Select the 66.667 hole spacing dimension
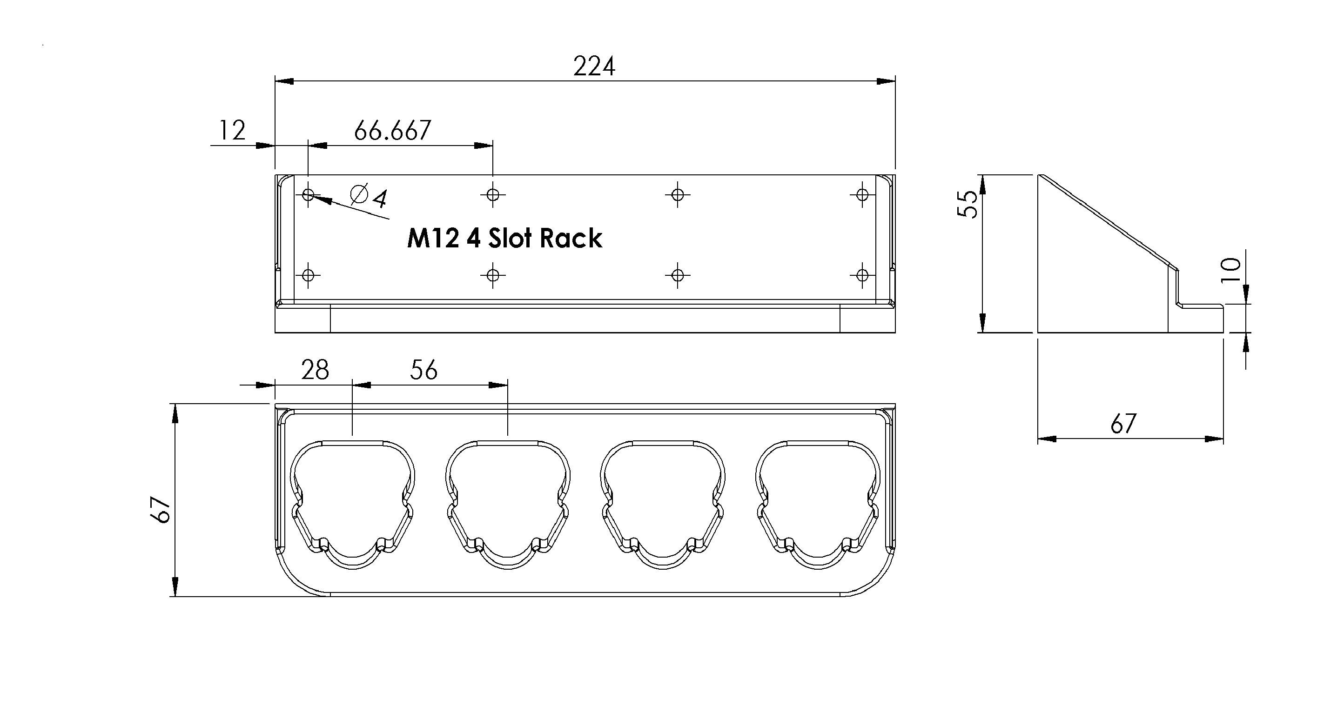point(392,130)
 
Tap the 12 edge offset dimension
point(232,130)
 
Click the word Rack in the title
point(571,239)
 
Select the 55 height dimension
point(969,205)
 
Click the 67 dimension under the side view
point(1123,423)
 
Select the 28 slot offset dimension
point(315,370)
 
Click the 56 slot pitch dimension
point(423,370)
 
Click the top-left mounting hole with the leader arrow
point(309,195)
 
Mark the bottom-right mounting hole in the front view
point(862,274)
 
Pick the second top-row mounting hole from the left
point(493,195)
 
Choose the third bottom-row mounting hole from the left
point(678,274)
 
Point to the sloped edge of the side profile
point(1106,222)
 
